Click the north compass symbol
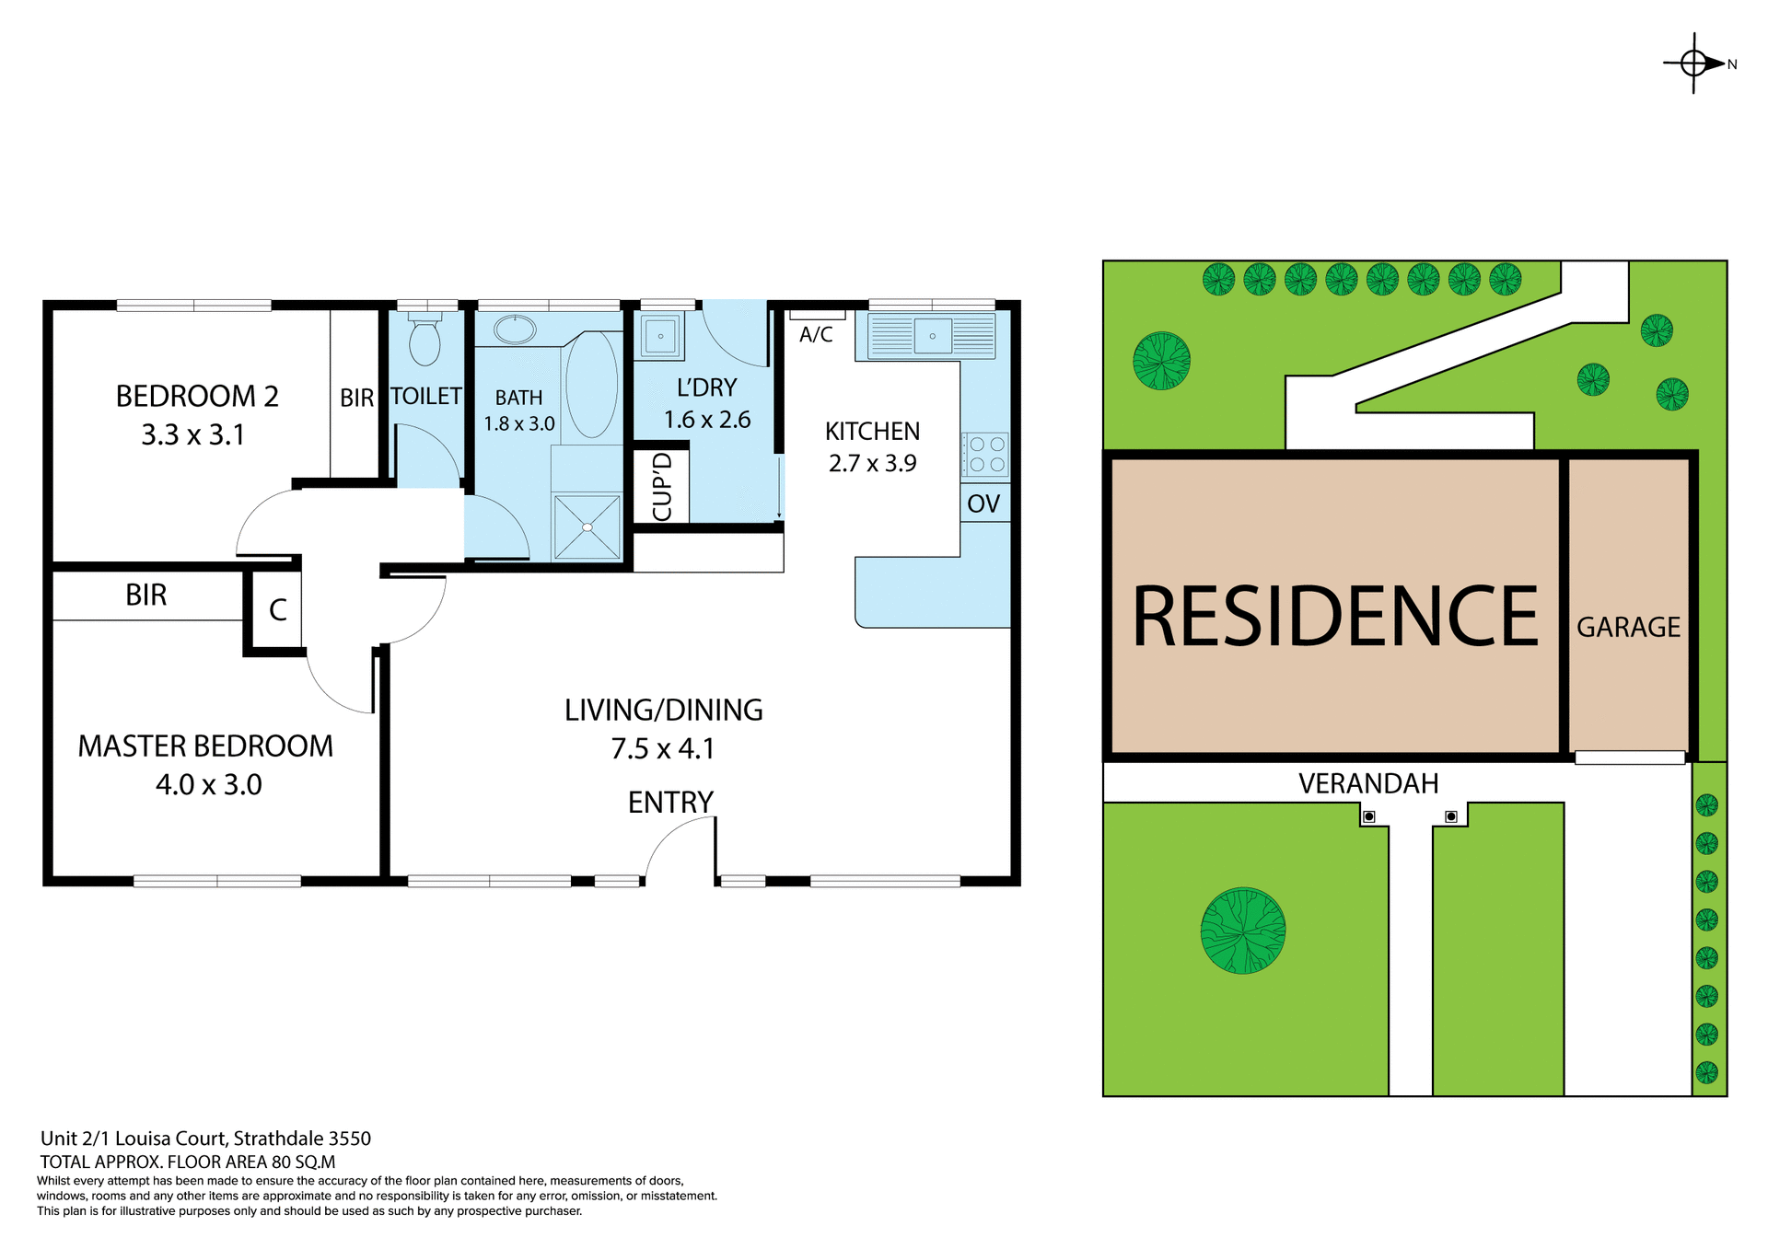(1695, 64)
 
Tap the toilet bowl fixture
(425, 342)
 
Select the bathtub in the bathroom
(591, 384)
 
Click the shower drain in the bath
(587, 527)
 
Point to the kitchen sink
(932, 336)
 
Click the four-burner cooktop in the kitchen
(986, 455)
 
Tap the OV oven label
(983, 503)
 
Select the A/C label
(816, 335)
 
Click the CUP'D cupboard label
(662, 487)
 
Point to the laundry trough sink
(660, 336)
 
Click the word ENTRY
(670, 803)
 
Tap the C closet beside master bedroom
(277, 610)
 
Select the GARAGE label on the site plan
(1628, 628)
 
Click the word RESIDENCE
(1334, 617)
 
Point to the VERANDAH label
(1367, 784)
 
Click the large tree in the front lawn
(1243, 931)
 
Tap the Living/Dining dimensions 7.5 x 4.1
(663, 749)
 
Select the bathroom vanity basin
(516, 330)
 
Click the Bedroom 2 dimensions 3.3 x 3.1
(193, 434)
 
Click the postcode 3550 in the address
(350, 1139)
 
